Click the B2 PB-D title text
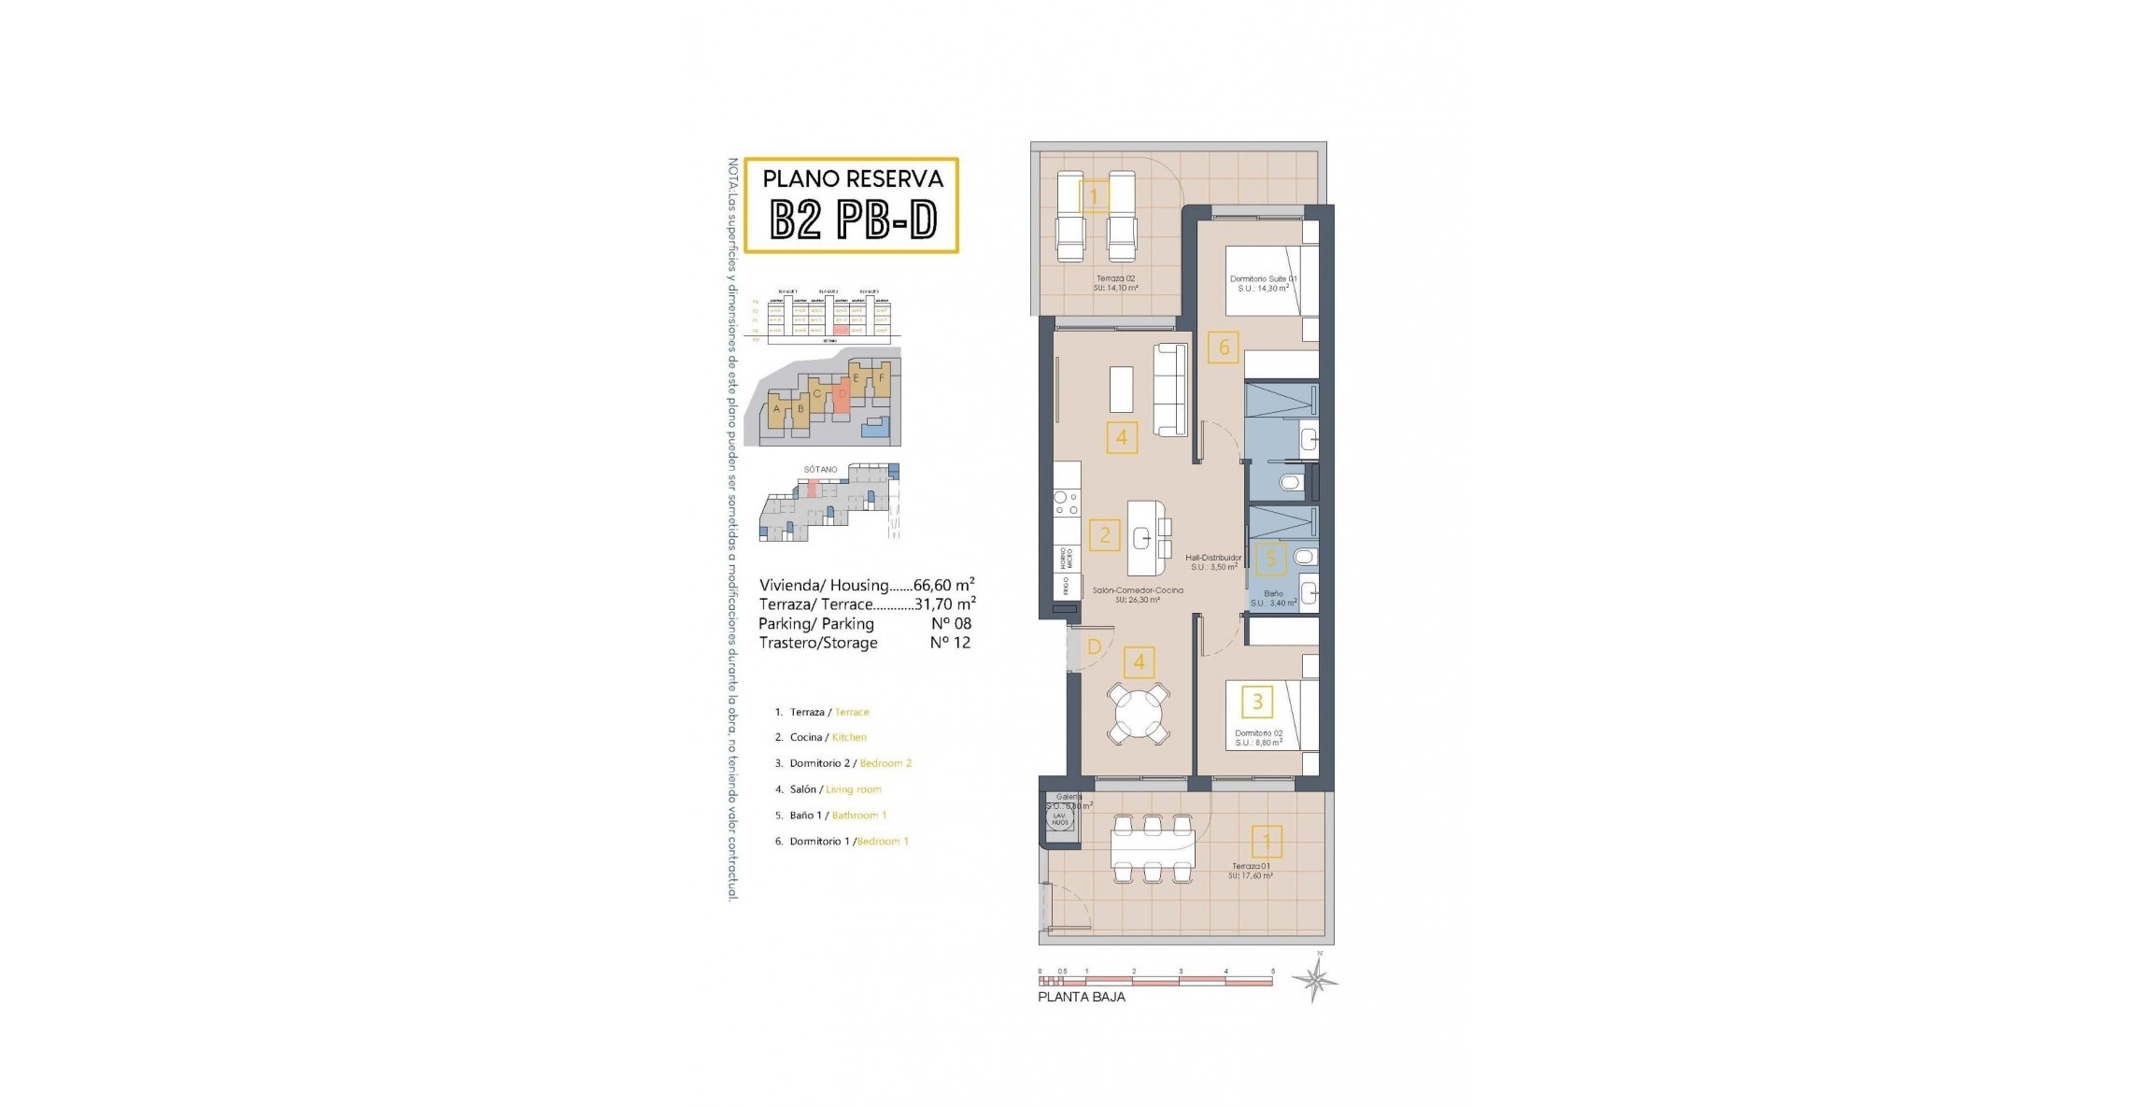pos(852,221)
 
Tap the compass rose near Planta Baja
pos(1315,980)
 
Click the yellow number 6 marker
pos(1224,348)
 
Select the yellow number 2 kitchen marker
pos(1105,534)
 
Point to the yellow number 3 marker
pos(1257,701)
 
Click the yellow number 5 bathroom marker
pos(1270,559)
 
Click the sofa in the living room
pos(1170,390)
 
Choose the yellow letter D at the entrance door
pos(1094,646)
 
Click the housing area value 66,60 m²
pos(943,585)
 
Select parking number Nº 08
pos(951,623)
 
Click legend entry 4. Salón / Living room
pos(828,789)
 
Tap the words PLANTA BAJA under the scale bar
pos(1081,997)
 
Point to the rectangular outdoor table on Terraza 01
pos(1152,848)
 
